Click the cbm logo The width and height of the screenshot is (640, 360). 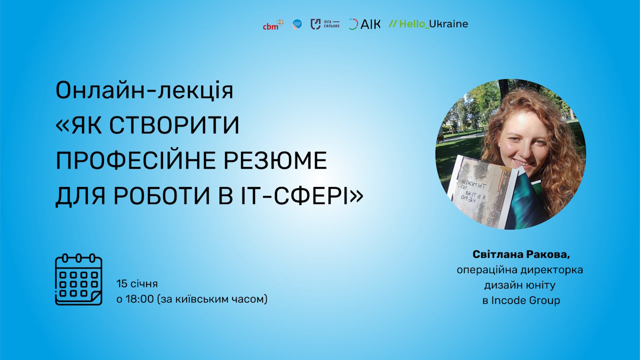click(272, 24)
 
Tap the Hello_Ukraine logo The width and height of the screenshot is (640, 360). click(428, 24)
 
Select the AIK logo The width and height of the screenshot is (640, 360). click(364, 24)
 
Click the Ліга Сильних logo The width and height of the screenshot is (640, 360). click(325, 24)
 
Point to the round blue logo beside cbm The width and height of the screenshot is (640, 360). click(297, 24)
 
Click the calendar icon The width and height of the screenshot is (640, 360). click(78, 279)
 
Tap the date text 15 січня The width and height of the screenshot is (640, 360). click(137, 284)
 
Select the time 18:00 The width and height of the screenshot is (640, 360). click(139, 299)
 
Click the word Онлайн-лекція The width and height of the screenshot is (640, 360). click(144, 90)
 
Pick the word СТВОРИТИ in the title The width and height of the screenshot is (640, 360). click(174, 126)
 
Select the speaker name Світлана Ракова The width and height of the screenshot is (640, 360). click(521, 254)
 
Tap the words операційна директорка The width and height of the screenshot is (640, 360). click(520, 270)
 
